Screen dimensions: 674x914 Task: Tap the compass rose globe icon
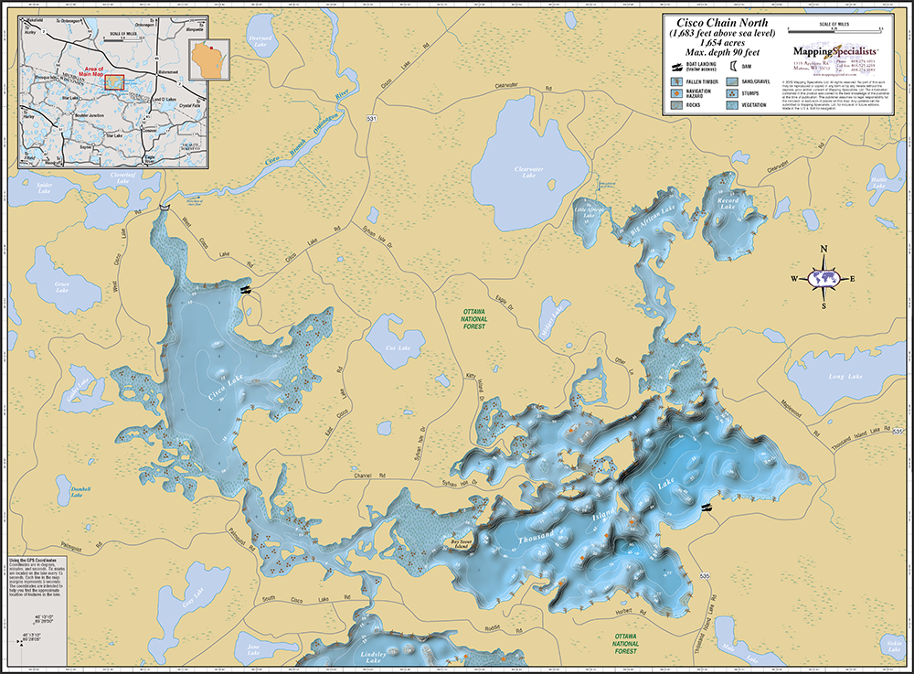pos(824,278)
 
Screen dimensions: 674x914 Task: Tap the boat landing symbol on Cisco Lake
pos(245,289)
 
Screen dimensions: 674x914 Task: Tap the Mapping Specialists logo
pos(834,52)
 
